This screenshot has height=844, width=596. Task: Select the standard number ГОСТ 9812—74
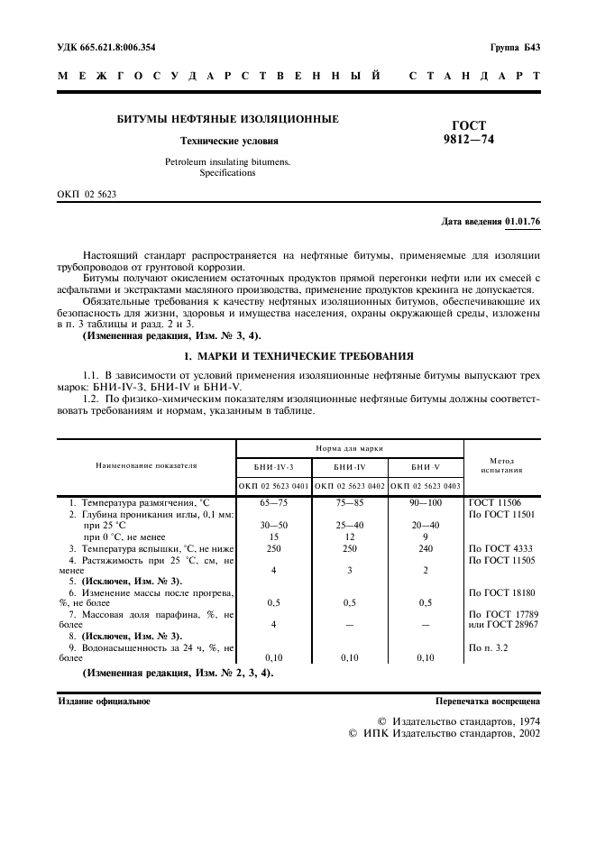(469, 133)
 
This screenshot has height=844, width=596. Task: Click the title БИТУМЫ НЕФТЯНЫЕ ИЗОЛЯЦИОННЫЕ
(229, 119)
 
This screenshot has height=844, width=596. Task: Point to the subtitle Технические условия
(229, 141)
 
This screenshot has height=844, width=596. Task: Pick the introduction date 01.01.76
(523, 220)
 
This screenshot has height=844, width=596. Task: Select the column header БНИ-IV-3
(273, 466)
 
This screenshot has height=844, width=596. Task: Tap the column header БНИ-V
(425, 466)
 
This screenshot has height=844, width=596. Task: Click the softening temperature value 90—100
(425, 501)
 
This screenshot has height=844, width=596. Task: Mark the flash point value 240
(425, 548)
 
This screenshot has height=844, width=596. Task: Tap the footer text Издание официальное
(105, 701)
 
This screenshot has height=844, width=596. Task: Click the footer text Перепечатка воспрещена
(488, 701)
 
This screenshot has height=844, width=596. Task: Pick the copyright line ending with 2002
(444, 735)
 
